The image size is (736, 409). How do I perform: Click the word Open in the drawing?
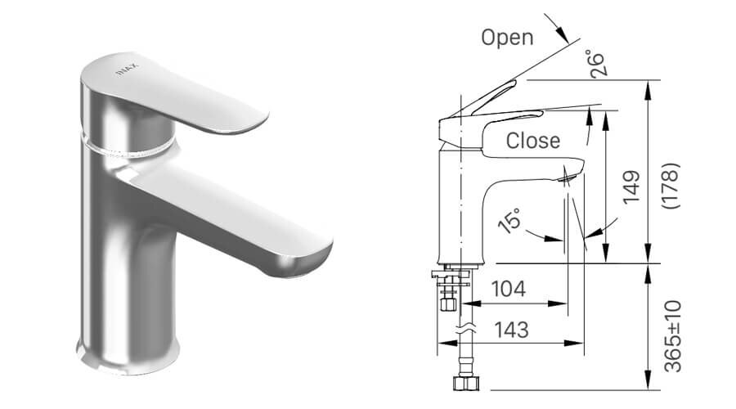click(x=507, y=37)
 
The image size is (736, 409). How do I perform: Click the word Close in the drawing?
click(x=533, y=141)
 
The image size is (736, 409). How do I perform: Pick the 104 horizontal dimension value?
click(x=508, y=289)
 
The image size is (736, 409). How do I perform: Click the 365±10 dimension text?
click(x=672, y=336)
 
